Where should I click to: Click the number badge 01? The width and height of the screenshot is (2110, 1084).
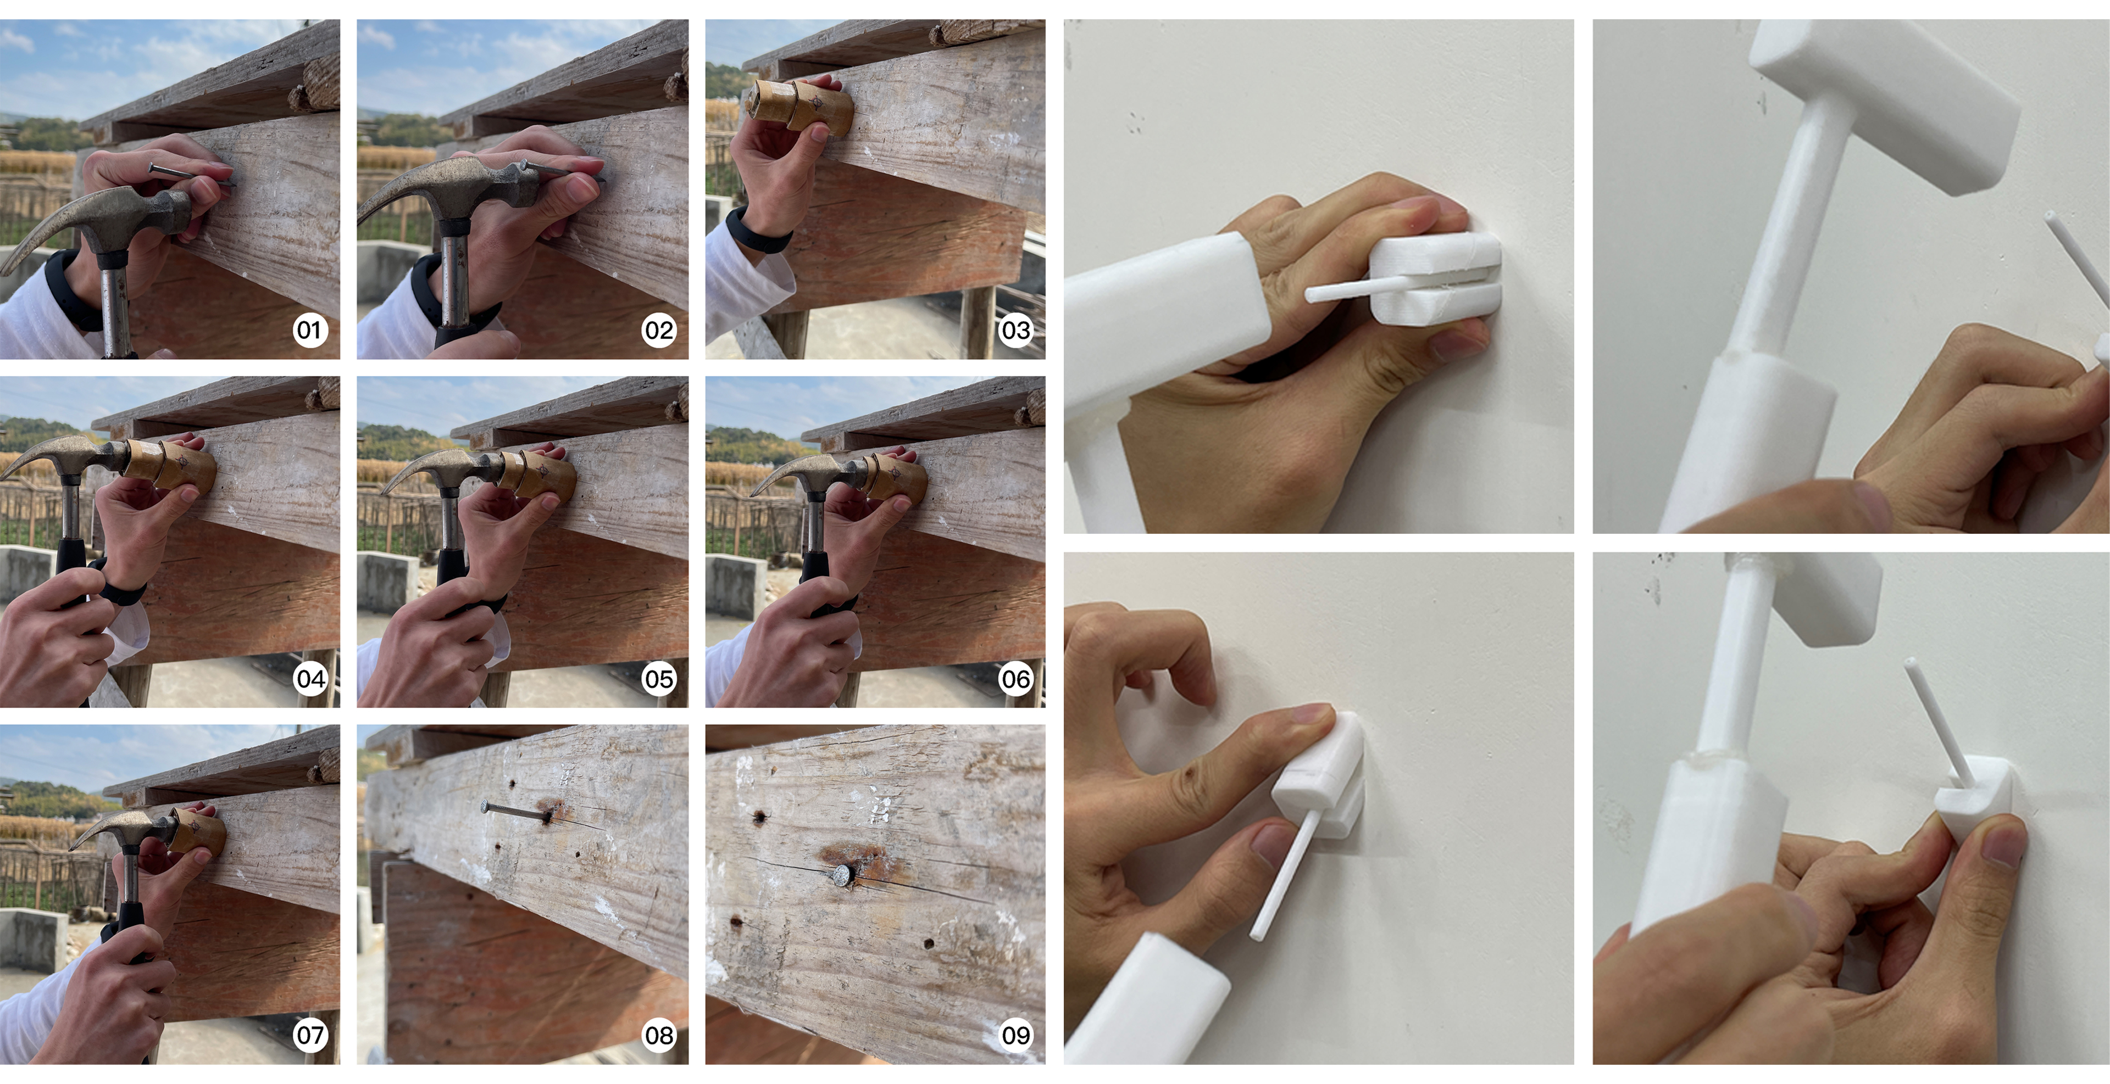[309, 331]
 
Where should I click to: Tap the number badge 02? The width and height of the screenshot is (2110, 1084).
[659, 331]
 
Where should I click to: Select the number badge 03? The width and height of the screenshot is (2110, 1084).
[1015, 331]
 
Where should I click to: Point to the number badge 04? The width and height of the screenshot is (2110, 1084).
[309, 679]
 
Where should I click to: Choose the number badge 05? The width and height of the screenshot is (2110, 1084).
[659, 679]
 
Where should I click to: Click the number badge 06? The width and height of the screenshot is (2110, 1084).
[1015, 679]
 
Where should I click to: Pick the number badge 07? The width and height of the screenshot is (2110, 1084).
[309, 1035]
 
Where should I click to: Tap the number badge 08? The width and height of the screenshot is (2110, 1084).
[659, 1035]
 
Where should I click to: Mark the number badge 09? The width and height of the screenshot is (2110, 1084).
[1015, 1035]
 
